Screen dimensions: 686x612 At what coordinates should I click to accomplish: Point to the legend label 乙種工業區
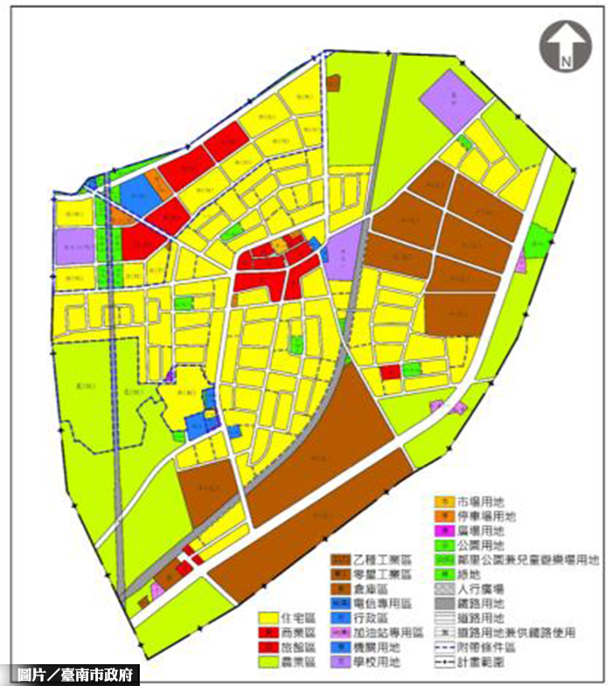[378, 558]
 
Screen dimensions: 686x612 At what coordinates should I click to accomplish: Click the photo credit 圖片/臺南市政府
[74, 675]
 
